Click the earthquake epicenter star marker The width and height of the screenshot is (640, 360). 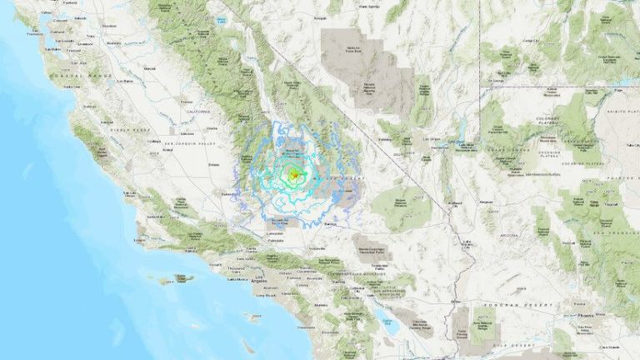point(293,175)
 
